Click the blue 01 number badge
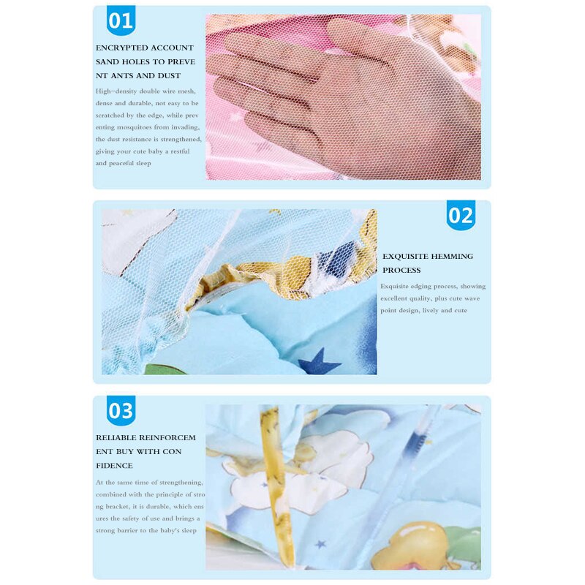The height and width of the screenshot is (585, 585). point(121,20)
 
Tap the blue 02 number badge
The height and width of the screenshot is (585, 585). point(461,216)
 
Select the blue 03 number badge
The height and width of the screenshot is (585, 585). point(121,411)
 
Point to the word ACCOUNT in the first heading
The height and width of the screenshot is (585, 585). point(176,48)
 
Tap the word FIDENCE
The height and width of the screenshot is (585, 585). point(115,466)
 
